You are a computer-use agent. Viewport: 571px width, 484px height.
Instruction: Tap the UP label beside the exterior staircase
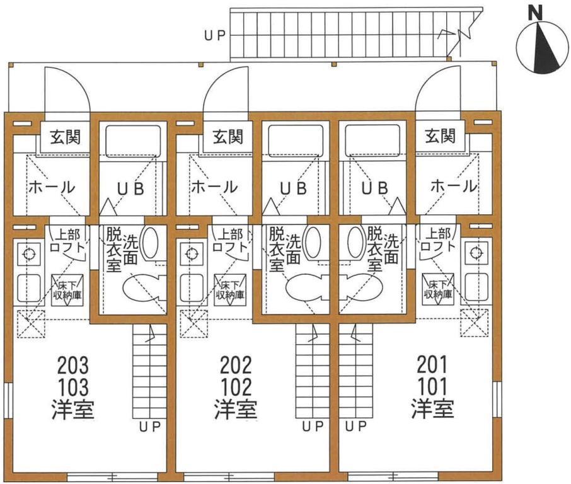(214, 35)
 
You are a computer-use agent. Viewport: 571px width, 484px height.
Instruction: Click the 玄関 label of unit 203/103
(65, 136)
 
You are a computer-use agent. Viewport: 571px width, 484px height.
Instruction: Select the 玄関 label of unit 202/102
(228, 136)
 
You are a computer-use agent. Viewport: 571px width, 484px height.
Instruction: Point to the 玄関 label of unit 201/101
(441, 136)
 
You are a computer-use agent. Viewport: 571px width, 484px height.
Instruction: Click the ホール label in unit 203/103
(52, 187)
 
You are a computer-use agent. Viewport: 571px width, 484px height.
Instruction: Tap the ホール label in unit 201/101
(453, 187)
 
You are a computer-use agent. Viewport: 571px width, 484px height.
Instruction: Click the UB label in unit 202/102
(293, 187)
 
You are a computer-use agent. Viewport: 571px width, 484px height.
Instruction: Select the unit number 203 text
(72, 364)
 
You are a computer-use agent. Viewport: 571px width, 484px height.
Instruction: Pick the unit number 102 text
(236, 386)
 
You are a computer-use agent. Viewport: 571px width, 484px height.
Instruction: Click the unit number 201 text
(432, 364)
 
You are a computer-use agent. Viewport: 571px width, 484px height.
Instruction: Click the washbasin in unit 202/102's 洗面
(313, 242)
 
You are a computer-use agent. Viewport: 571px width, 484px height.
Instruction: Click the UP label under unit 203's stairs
(150, 427)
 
